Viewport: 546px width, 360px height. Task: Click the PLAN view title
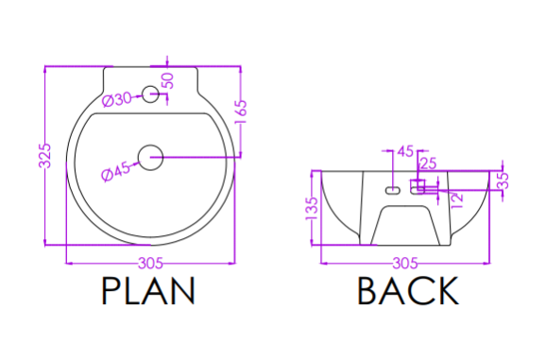click(148, 291)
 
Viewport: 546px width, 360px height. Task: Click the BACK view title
click(408, 291)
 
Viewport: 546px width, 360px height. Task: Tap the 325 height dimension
click(44, 155)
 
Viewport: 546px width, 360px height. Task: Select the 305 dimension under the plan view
click(150, 264)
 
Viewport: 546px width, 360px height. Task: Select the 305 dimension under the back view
click(405, 264)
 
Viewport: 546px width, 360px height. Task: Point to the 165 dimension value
click(241, 111)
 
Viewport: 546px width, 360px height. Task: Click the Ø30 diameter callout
click(117, 99)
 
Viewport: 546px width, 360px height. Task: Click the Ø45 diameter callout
click(115, 172)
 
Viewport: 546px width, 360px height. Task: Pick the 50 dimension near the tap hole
click(168, 80)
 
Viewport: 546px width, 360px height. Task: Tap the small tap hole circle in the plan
click(150, 94)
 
